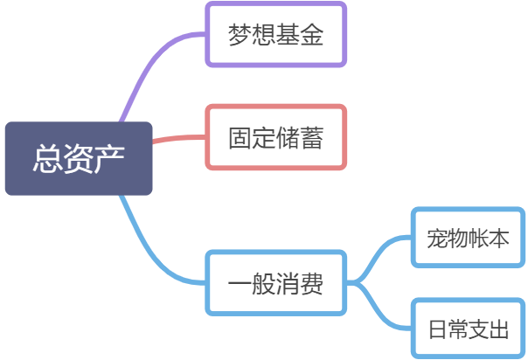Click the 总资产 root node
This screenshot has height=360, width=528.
(x=78, y=158)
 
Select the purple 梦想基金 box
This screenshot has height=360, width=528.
(x=275, y=35)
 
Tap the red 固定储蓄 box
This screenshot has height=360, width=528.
(x=275, y=137)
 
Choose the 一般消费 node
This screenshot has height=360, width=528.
(x=275, y=283)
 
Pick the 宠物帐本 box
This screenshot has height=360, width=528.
(x=469, y=238)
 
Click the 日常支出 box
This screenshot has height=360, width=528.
(x=469, y=329)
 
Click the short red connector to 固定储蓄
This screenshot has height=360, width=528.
(x=179, y=138)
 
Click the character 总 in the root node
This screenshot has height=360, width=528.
(x=47, y=158)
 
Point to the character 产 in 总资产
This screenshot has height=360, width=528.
(x=109, y=158)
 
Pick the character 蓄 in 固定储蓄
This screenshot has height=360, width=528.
(x=311, y=138)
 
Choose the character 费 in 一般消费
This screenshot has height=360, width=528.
(x=311, y=284)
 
